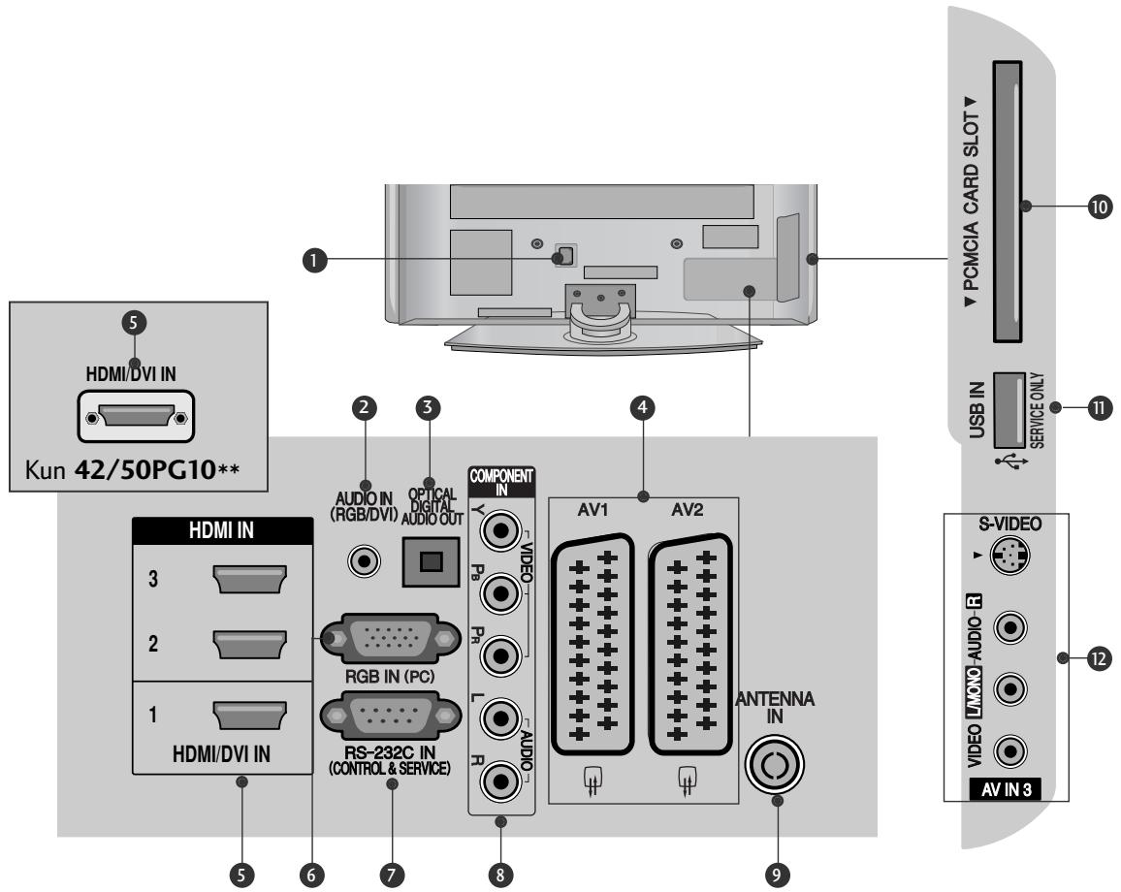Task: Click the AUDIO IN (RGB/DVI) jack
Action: click(364, 560)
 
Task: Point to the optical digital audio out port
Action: click(424, 561)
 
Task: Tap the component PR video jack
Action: click(501, 655)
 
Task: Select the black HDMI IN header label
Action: click(221, 532)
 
